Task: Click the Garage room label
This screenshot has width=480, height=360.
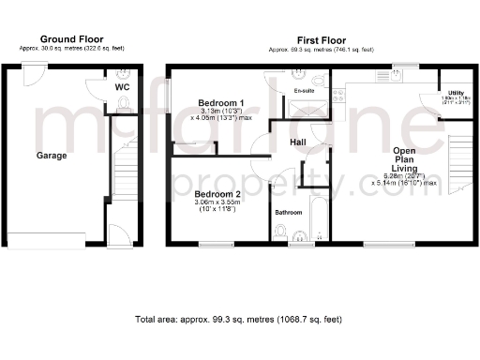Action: point(52,156)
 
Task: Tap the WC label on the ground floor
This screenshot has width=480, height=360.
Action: point(122,87)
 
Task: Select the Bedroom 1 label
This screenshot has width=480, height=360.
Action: point(222,103)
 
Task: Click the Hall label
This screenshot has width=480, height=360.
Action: point(298,142)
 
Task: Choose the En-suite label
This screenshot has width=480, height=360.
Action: point(304,91)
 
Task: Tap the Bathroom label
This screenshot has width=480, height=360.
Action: point(288,213)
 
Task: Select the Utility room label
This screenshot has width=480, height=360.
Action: point(457,93)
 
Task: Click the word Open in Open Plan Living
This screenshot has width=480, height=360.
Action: point(404,150)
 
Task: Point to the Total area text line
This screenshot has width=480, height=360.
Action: point(239,320)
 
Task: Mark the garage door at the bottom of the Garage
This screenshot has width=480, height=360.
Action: point(51,242)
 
